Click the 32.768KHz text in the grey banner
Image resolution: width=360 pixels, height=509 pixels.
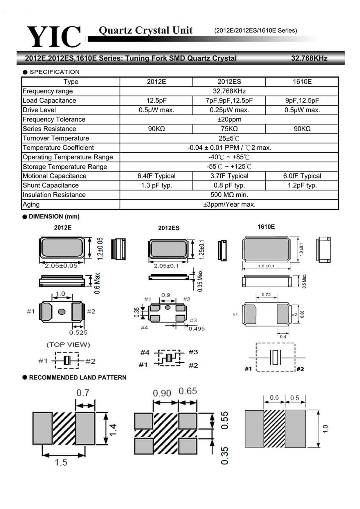click(309, 58)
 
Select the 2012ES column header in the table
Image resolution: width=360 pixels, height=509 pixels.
click(229, 82)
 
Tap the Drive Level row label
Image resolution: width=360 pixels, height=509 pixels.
click(39, 110)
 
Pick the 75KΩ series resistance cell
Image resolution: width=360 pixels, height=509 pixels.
click(229, 129)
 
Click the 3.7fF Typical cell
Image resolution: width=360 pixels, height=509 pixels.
click(229, 176)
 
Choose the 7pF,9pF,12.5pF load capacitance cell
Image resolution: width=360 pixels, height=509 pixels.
click(229, 101)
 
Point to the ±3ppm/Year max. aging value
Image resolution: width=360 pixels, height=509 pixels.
click(229, 204)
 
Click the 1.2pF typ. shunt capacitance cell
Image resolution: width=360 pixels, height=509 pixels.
click(302, 185)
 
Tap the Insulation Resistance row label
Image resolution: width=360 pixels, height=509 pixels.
click(54, 195)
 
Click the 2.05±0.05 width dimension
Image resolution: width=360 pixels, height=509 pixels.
click(61, 266)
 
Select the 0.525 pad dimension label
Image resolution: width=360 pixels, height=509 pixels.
click(78, 333)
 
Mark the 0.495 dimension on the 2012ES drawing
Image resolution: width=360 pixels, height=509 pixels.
click(197, 329)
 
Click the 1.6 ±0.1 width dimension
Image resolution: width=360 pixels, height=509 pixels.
click(266, 266)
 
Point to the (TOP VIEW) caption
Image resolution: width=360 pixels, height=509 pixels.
click(68, 345)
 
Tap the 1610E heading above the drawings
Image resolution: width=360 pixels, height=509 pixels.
click(266, 227)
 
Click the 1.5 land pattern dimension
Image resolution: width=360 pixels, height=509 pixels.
click(61, 462)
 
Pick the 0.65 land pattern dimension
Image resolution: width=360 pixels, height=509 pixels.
click(188, 391)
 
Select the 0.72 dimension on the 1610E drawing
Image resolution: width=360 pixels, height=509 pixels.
click(266, 295)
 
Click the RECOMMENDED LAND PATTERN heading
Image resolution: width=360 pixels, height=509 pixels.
click(78, 378)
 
